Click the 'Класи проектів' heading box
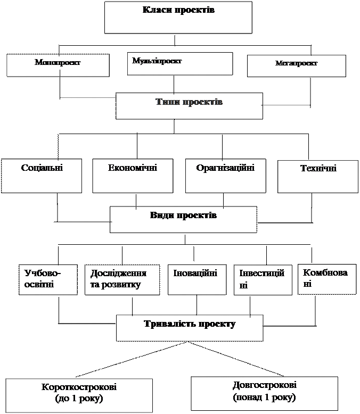pyautogui.click(x=178, y=18)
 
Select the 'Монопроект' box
pyautogui.click(x=58, y=64)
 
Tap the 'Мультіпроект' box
pyautogui.click(x=179, y=63)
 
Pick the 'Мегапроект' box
pyautogui.click(x=296, y=65)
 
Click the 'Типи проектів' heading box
pyautogui.click(x=189, y=106)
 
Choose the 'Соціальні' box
pyautogui.click(x=42, y=176)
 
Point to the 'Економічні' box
pyautogui.click(x=133, y=176)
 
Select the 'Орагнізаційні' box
pyautogui.click(x=225, y=176)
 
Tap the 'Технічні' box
pyautogui.click(x=318, y=176)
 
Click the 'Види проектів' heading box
pyautogui.click(x=183, y=220)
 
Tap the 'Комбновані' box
pyautogui.click(x=326, y=279)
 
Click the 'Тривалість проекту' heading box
pyautogui.click(x=189, y=328)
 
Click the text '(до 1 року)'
pyautogui.click(x=79, y=399)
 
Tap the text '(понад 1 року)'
pyautogui.click(x=264, y=398)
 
